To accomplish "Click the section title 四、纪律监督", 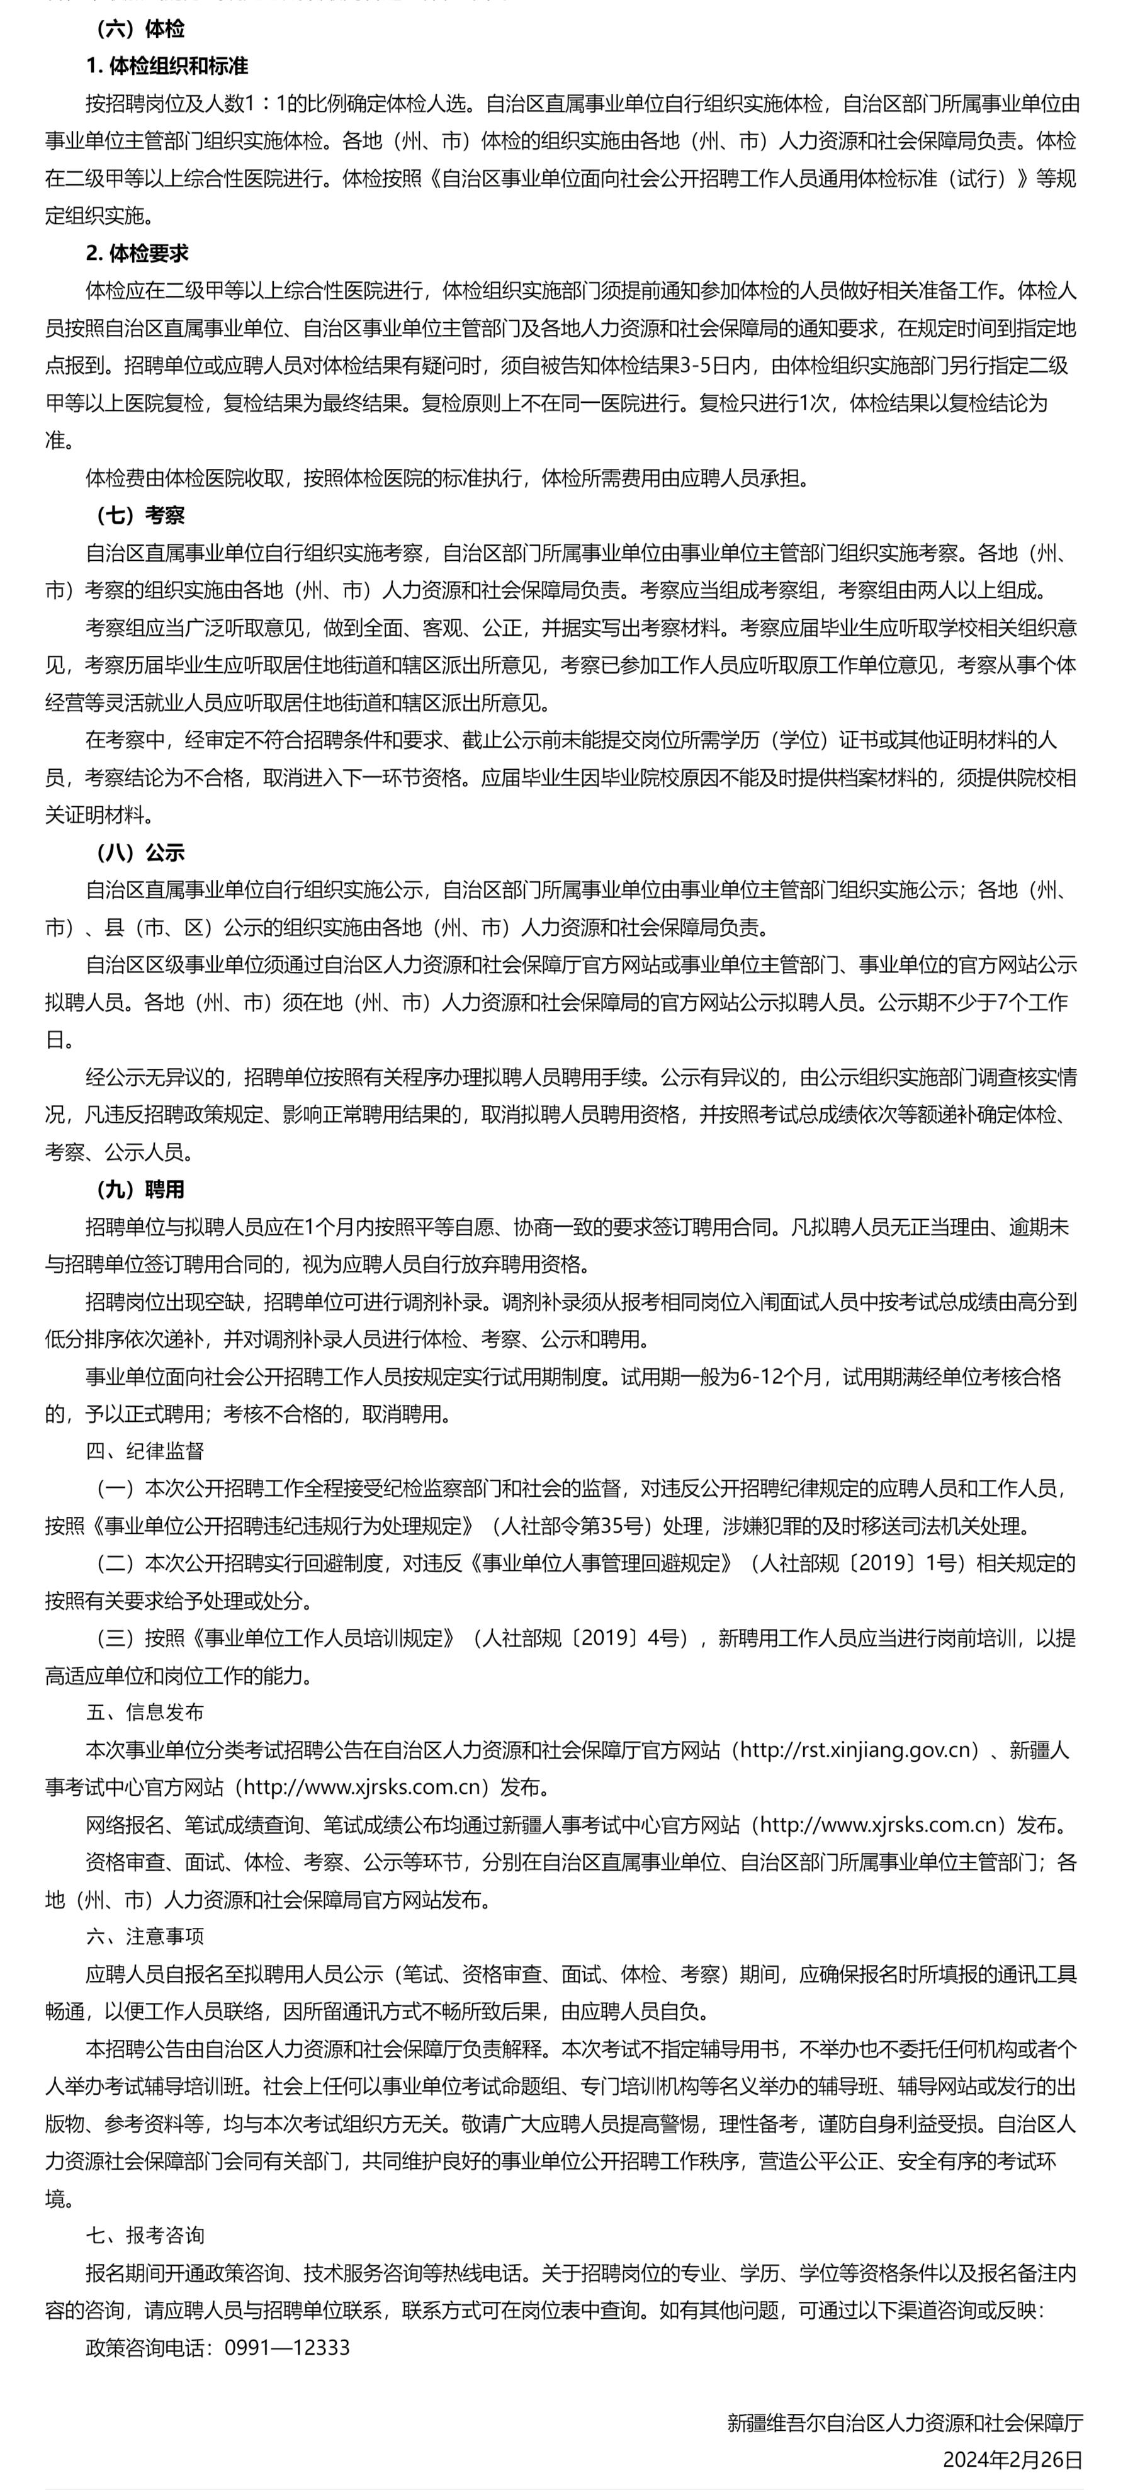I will tap(145, 1451).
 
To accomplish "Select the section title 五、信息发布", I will tap(145, 1713).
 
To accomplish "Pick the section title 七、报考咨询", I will tap(145, 2235).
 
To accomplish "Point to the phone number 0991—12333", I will tap(287, 2347).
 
